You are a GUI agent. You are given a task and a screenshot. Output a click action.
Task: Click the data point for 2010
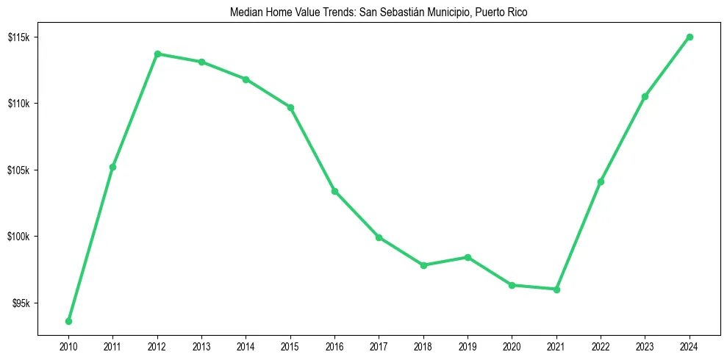pos(68,321)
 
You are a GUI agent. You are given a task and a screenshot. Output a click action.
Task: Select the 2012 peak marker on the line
pos(157,54)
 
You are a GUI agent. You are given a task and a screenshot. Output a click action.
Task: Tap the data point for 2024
pos(690,37)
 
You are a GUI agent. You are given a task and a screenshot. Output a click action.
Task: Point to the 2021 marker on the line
pos(556,289)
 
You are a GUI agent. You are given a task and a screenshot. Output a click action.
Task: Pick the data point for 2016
pos(334,191)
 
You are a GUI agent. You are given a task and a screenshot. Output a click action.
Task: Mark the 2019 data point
pos(468,257)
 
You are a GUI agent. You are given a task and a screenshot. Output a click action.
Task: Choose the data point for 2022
pos(601,181)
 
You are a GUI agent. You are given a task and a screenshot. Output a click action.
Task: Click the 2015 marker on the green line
pos(290,107)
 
